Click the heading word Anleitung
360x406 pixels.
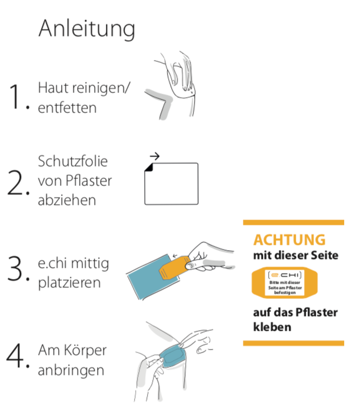[x=86, y=28]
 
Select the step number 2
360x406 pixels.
[x=17, y=183]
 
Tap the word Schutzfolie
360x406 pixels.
[x=73, y=161]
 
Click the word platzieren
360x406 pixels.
[x=69, y=282]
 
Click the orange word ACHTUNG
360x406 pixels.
[x=289, y=240]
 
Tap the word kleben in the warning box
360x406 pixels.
[x=272, y=327]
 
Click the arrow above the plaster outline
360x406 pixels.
[x=155, y=157]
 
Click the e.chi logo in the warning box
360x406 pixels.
[x=292, y=275]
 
